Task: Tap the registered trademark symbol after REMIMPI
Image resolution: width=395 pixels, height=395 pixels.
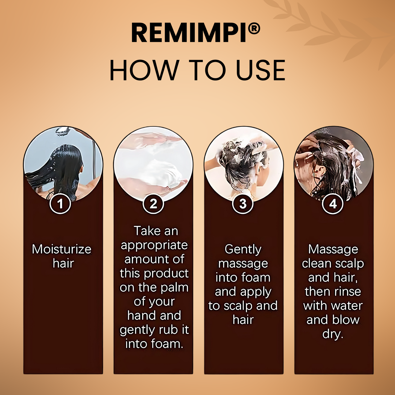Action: click(254, 28)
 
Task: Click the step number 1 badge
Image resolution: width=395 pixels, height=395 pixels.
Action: click(60, 204)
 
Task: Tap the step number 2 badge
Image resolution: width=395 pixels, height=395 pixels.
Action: click(153, 204)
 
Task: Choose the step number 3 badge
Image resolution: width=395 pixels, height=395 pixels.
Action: click(243, 204)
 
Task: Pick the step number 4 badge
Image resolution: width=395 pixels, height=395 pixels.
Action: click(333, 204)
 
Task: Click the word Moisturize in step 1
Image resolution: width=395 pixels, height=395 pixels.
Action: click(62, 249)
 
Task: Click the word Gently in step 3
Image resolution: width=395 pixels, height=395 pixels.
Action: click(243, 249)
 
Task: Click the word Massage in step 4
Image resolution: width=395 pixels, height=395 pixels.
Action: click(333, 249)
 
